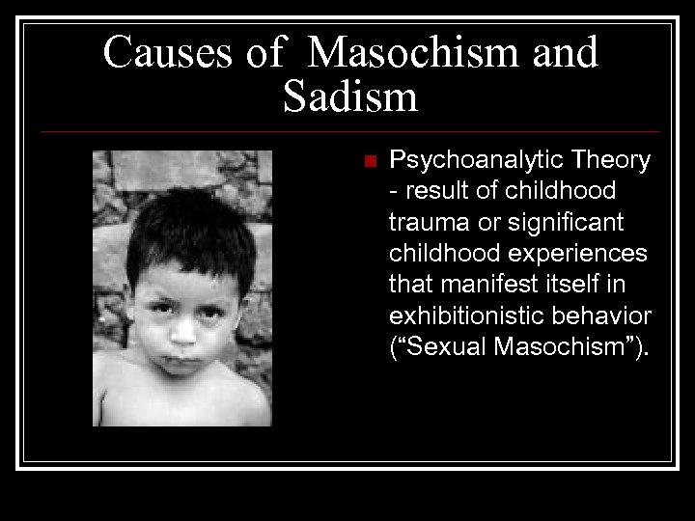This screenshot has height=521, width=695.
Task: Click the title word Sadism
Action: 350,97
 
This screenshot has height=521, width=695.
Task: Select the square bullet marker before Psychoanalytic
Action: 367,161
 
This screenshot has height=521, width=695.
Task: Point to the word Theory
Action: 612,160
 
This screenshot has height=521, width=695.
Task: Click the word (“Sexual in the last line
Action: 436,346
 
